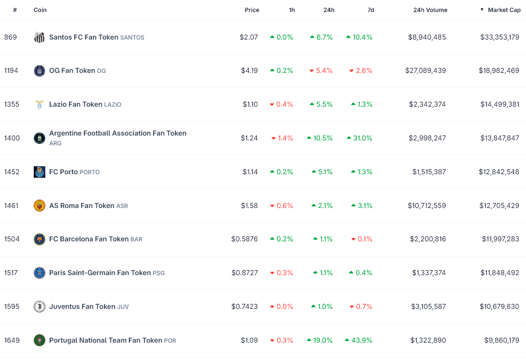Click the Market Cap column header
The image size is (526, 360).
click(504, 10)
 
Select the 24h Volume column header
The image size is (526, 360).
click(430, 10)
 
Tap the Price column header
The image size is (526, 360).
click(252, 10)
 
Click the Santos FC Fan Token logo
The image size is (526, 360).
click(40, 37)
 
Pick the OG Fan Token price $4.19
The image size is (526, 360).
click(249, 71)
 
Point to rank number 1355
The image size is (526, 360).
click(12, 104)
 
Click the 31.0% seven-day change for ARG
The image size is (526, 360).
click(363, 138)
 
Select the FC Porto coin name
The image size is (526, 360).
click(64, 172)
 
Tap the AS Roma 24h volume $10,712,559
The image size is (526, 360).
click(426, 206)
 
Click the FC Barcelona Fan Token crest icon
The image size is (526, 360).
click(40, 239)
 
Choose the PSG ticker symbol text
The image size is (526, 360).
click(159, 273)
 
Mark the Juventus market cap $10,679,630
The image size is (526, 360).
click(499, 307)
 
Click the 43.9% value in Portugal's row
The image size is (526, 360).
click(363, 340)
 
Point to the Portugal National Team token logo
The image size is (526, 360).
click(40, 340)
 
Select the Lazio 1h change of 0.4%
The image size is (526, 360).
click(284, 104)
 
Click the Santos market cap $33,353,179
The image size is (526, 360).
click(499, 37)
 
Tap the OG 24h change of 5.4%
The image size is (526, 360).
click(324, 71)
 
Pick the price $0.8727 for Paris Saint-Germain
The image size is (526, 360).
click(244, 273)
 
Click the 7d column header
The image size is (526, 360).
click(371, 10)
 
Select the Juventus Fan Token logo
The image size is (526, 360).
click(40, 307)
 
